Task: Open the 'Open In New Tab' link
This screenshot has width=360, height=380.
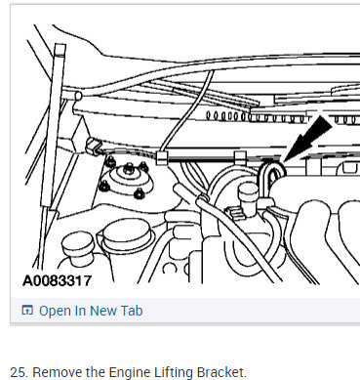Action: [87, 311]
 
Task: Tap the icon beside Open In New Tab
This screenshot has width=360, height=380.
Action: [27, 311]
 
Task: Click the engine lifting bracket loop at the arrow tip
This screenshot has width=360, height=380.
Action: [274, 173]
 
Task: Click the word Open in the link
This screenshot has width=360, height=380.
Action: [56, 311]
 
